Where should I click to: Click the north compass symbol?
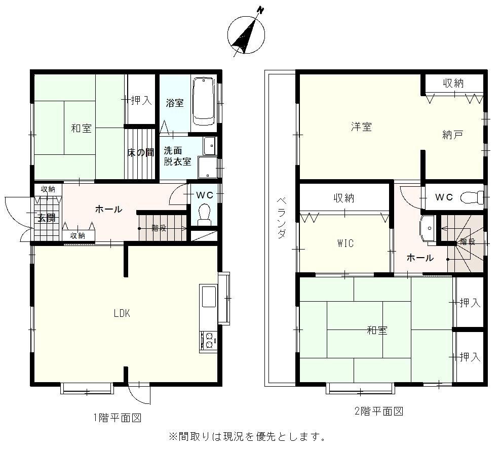[x=246, y=34]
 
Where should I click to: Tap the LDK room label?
[x=122, y=313]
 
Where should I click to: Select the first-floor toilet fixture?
[x=204, y=214]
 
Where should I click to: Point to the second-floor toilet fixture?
[x=472, y=197]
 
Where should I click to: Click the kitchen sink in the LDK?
[x=209, y=297]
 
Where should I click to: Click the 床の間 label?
[x=141, y=152]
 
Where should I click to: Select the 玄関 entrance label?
[x=47, y=218]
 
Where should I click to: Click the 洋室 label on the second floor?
[x=361, y=127]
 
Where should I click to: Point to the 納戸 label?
[x=453, y=135]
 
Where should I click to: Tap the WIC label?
[x=345, y=243]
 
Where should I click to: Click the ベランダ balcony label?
[x=281, y=218]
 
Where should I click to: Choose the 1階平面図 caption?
[x=117, y=418]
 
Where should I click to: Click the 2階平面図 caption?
[x=379, y=411]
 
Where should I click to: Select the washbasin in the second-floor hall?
[x=428, y=229]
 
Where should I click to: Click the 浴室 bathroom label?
[x=175, y=103]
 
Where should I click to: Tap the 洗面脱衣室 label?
[x=177, y=156]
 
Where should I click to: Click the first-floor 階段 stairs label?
[x=159, y=228]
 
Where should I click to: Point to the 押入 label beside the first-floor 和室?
[x=141, y=100]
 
